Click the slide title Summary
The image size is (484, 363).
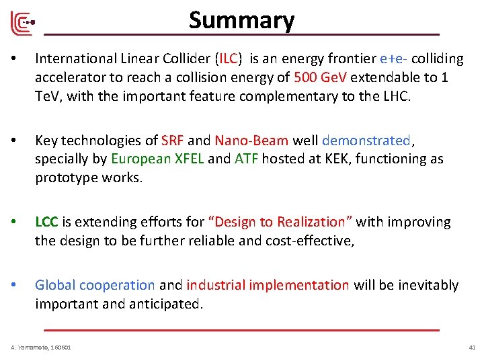point(241,20)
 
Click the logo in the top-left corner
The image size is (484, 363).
point(22,24)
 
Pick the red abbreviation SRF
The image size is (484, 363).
point(173,140)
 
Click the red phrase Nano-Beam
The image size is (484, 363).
point(251,140)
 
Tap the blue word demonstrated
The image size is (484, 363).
point(366,140)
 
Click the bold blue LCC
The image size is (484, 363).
point(46,222)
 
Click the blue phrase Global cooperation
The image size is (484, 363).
point(95,285)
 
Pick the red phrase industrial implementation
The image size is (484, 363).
point(268,285)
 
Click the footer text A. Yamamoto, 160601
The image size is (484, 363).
point(41,347)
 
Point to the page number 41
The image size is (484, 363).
point(471,347)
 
